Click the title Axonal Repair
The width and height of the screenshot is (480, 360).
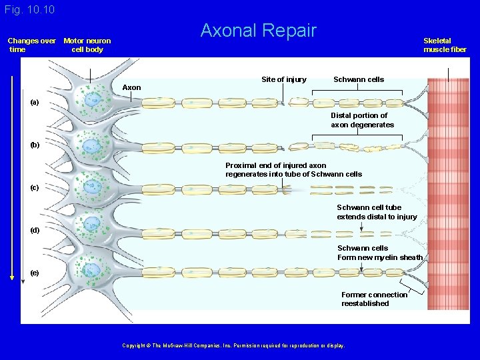click(259, 31)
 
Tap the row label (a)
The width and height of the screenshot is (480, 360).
click(35, 103)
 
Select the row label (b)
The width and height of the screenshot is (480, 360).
click(35, 145)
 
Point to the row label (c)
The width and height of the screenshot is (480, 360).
click(35, 187)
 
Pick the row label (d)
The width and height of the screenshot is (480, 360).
click(35, 230)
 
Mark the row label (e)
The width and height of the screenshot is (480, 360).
click(35, 273)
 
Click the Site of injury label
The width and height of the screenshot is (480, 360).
click(284, 79)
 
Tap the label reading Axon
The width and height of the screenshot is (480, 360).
click(132, 87)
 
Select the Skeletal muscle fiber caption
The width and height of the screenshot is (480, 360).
click(445, 45)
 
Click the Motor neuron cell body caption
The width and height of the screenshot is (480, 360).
click(87, 45)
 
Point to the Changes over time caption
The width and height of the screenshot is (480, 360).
click(31, 45)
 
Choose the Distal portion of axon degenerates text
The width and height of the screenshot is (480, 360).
click(362, 120)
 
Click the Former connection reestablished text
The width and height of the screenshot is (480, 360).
click(374, 299)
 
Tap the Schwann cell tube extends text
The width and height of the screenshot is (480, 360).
click(377, 212)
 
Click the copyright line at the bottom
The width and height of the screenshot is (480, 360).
click(234, 345)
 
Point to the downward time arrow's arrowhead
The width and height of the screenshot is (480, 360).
click(11, 279)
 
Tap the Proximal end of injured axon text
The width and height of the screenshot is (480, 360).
click(293, 169)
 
